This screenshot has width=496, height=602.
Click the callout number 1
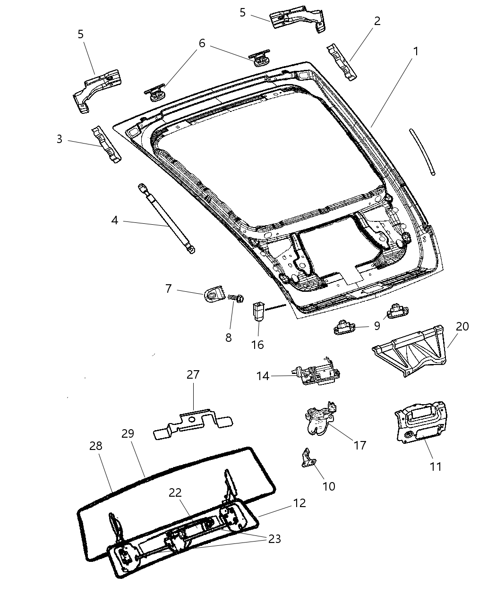416,51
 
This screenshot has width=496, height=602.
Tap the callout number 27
193,375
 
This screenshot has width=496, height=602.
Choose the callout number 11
435,466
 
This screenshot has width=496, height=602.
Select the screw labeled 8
235,298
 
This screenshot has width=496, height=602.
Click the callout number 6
202,43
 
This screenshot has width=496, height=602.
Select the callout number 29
128,433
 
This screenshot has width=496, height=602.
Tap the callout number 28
96,446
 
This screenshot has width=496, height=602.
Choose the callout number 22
175,492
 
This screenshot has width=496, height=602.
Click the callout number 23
274,539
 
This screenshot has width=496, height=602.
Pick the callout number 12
299,503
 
